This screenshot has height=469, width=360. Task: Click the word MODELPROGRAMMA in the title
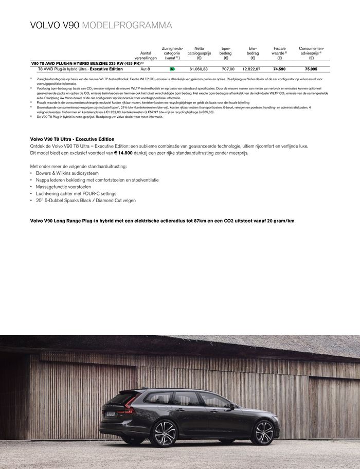click(127, 25)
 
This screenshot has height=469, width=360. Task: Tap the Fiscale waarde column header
click(279, 53)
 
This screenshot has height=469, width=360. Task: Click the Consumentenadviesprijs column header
click(311, 53)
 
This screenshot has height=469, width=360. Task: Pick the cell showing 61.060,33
click(199, 68)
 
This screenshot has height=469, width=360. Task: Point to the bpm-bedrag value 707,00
click(228, 68)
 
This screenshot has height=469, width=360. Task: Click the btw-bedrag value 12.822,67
click(251, 68)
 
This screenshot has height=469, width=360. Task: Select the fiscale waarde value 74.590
click(279, 68)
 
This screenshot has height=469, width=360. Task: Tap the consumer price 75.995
click(311, 68)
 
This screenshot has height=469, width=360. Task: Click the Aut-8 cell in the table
click(145, 68)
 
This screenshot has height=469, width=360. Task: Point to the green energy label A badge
click(172, 68)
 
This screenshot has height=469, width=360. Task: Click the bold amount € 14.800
click(127, 153)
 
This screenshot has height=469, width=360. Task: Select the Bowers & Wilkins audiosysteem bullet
click(67, 173)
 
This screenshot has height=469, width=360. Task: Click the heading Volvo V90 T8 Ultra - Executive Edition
click(73, 139)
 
